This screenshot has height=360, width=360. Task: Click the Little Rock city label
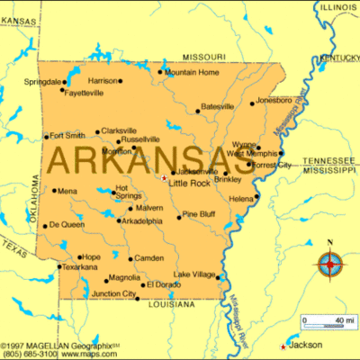coord(189,182)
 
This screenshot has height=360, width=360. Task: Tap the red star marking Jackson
coord(284,346)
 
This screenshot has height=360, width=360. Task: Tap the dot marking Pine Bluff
coord(179,216)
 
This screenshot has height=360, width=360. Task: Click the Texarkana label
coord(80,267)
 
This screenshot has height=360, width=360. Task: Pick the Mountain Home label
coord(192,72)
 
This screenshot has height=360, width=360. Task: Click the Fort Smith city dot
coord(46,137)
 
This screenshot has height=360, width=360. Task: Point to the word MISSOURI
coord(204,55)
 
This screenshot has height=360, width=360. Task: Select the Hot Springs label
coord(128,192)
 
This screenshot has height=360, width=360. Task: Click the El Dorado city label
coord(165,284)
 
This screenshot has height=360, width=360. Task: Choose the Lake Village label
coord(193,274)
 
